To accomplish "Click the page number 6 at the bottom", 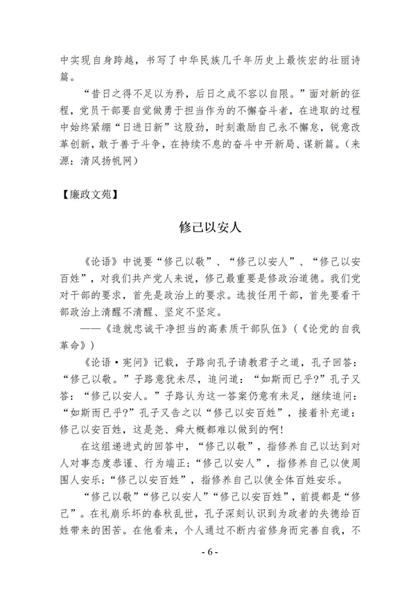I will [x=208, y=552].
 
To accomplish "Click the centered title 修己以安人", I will [x=208, y=228].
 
